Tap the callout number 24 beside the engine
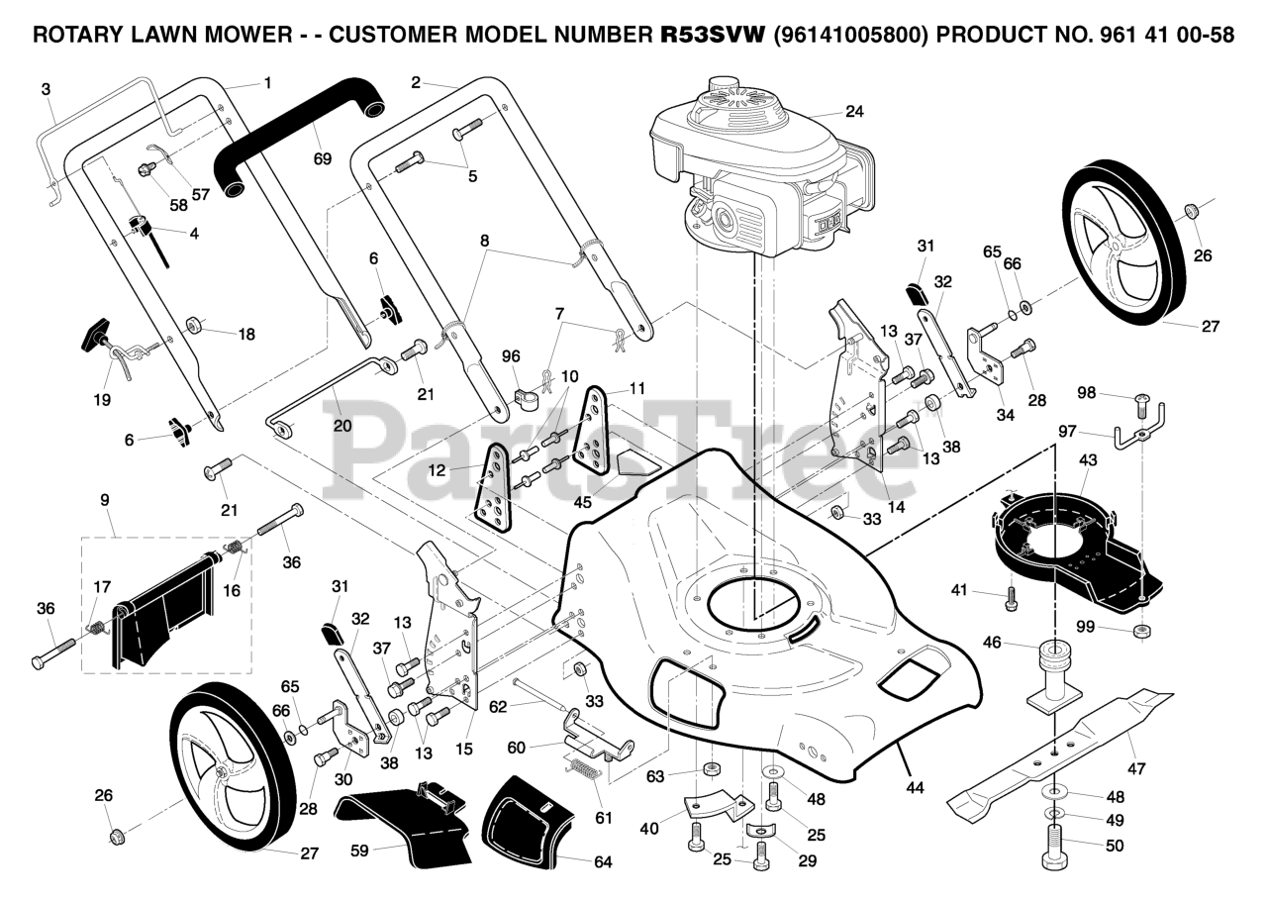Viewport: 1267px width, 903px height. point(854,112)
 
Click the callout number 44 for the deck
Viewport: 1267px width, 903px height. point(915,787)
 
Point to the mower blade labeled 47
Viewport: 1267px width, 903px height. point(1061,750)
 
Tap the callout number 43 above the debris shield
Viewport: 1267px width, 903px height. point(1088,460)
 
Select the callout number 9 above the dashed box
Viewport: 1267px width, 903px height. point(105,500)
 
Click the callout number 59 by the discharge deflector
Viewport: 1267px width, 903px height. point(359,851)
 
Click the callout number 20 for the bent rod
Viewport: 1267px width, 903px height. point(342,425)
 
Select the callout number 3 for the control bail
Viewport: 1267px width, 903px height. point(46,89)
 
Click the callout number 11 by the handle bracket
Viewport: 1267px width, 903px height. point(636,389)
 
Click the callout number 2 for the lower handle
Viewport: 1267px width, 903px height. point(416,82)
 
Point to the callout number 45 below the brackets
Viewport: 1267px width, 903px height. point(582,502)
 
